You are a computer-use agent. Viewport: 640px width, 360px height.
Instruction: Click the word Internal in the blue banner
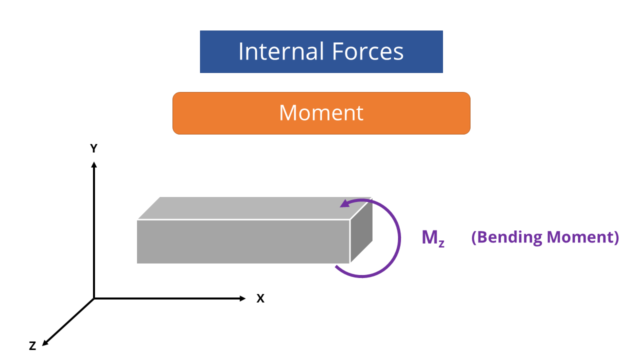(281, 51)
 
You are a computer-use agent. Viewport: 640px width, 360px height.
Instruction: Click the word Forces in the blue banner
(367, 51)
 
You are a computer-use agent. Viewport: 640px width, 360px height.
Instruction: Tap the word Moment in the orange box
(321, 112)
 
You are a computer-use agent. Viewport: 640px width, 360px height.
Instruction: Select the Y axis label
(93, 148)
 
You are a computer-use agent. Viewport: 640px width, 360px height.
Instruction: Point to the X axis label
(260, 298)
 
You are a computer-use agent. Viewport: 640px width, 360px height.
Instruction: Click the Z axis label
(32, 346)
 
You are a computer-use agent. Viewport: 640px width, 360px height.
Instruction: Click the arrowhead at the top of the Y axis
(94, 165)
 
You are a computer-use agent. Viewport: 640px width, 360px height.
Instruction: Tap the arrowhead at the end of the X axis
(242, 298)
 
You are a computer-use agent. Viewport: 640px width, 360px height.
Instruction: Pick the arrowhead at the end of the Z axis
(45, 343)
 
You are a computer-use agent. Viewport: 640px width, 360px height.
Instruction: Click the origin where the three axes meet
(94, 298)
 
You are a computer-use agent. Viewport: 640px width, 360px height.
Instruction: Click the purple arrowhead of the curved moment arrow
(345, 203)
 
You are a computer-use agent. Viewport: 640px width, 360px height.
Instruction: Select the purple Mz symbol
(433, 238)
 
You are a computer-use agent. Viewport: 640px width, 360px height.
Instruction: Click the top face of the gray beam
(254, 208)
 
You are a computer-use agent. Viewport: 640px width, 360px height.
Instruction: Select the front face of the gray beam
(243, 241)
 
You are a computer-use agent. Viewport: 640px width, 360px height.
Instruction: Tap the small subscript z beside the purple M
(441, 243)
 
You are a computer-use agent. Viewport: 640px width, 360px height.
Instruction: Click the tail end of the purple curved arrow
(336, 266)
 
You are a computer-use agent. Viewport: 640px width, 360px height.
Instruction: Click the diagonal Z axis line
(68, 321)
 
